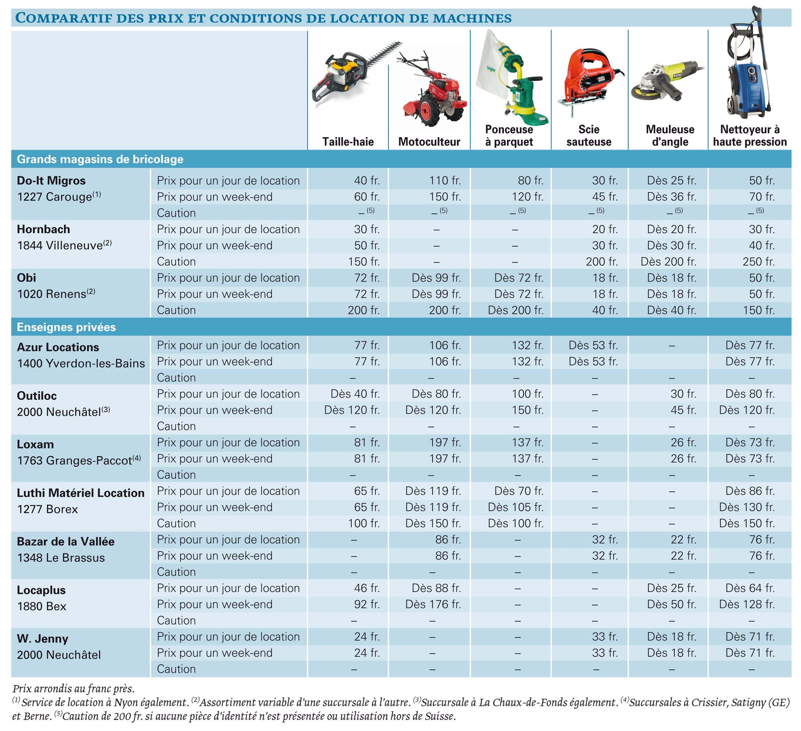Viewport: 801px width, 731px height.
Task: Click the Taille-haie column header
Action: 348,141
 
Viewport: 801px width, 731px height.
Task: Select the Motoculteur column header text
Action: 429,141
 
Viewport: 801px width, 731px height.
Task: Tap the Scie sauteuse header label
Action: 589,135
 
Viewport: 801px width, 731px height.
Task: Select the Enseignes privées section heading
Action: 67,327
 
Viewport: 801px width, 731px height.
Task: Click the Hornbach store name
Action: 43,229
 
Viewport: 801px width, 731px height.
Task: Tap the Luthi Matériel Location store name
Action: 81,493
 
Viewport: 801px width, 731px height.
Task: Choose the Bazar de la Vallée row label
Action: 65,542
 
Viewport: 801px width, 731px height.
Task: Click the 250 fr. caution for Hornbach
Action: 759,262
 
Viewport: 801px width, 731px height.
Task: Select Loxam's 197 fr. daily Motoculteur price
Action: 445,442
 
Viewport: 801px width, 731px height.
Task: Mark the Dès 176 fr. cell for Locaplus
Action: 433,604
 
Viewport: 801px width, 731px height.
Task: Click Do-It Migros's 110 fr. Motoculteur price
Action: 445,180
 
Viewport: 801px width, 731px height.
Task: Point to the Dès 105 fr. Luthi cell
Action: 516,507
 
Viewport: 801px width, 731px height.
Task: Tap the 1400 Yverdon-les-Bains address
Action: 81,364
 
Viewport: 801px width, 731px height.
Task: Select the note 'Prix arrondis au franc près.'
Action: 73,689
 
